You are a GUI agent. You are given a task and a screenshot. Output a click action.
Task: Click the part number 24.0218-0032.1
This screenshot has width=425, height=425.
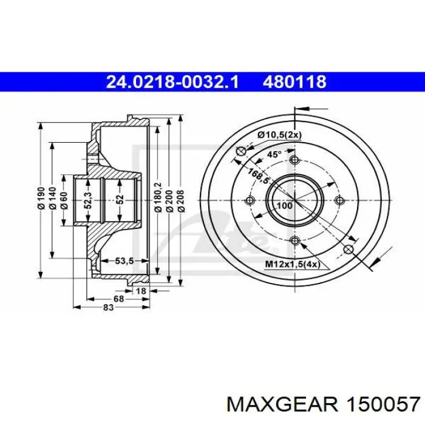[x=172, y=82]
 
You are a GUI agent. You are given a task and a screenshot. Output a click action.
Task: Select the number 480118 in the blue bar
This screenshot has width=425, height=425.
[x=294, y=82]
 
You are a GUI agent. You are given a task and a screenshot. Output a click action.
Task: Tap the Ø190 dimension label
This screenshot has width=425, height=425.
[x=41, y=199]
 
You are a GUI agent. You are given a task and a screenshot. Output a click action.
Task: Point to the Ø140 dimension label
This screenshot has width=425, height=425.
[x=52, y=199]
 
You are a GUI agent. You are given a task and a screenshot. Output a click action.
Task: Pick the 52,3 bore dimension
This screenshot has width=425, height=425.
[x=88, y=200]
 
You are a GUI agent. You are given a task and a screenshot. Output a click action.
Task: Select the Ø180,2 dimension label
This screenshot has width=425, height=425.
[x=158, y=197]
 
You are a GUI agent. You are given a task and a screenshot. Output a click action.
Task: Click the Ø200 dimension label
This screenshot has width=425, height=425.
[x=169, y=200]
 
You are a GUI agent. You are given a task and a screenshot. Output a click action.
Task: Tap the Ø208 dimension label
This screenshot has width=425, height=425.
[x=181, y=200]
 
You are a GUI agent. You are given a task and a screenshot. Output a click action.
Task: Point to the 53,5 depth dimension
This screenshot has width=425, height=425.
[x=124, y=261]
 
